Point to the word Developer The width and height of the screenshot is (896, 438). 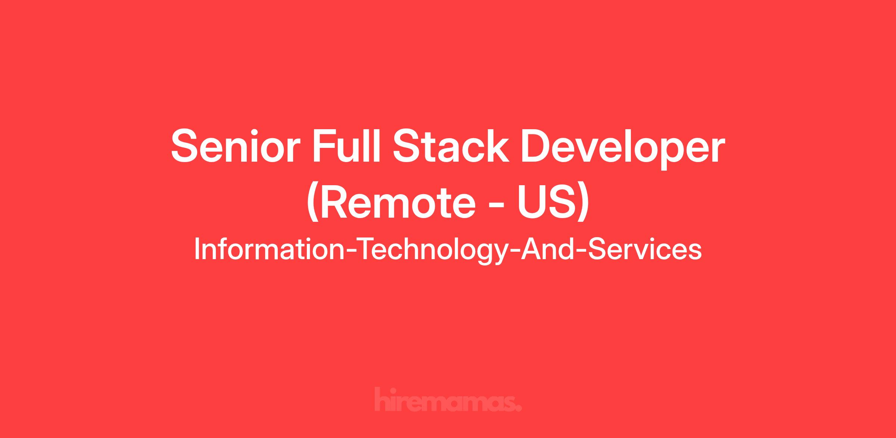tap(623, 148)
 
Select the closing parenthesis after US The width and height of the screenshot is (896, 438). tap(584, 204)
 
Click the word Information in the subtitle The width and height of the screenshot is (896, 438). tap(270, 249)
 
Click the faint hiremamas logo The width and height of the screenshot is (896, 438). tap(448, 399)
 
